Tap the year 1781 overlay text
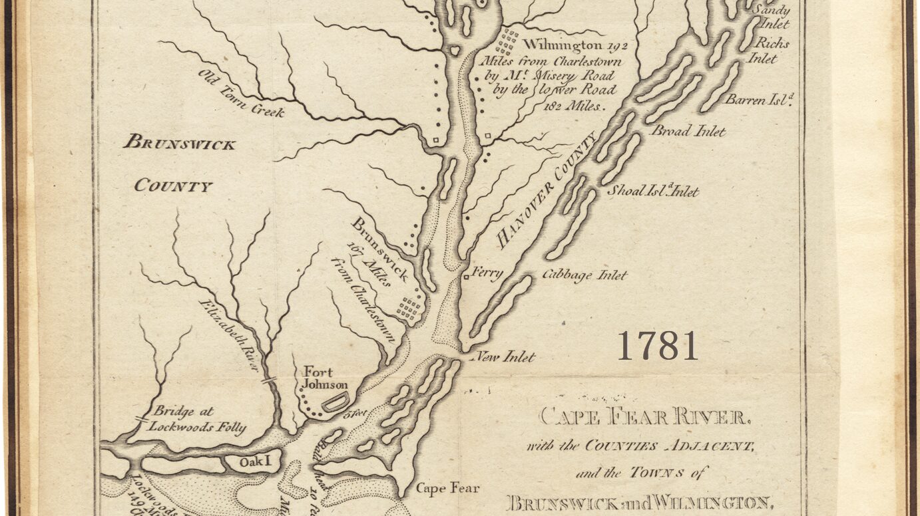pyautogui.click(x=657, y=346)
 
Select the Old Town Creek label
pyautogui.click(x=241, y=93)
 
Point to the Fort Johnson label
pyautogui.click(x=325, y=378)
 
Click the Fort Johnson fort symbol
pyautogui.click(x=335, y=402)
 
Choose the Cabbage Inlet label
pyautogui.click(x=584, y=275)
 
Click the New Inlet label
pyautogui.click(x=507, y=357)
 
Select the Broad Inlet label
pyautogui.click(x=688, y=131)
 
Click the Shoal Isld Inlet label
pyautogui.click(x=652, y=192)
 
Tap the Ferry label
pyautogui.click(x=487, y=273)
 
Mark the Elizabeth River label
pyautogui.click(x=228, y=334)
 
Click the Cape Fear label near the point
pyautogui.click(x=447, y=489)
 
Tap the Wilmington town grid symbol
pyautogui.click(x=507, y=42)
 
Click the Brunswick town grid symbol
pyautogui.click(x=409, y=307)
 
